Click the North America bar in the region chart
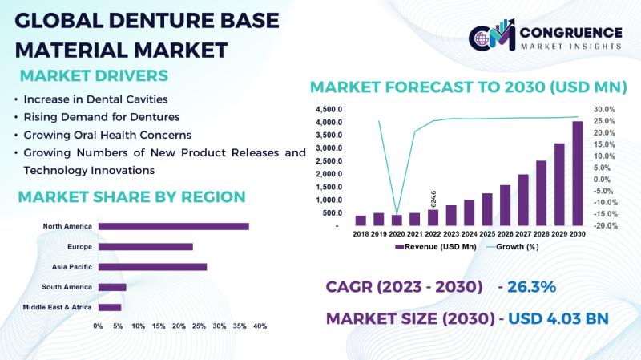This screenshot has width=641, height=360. tap(173, 226)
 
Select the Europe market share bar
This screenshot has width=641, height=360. tap(146, 247)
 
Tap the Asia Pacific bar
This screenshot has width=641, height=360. tap(152, 267)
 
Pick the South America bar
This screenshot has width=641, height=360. tap(112, 287)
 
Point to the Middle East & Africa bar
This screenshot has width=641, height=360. tap(110, 307)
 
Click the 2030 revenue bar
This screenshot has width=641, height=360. tap(578, 173)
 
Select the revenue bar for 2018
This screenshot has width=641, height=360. tap(361, 220)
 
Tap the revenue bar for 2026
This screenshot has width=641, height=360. tap(506, 205)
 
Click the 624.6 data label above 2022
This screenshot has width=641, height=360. tap(433, 199)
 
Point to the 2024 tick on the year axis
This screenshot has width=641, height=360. tap(470, 234)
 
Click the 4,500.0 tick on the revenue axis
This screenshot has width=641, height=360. tap(329, 109)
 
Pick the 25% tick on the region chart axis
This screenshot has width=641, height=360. tap(199, 326)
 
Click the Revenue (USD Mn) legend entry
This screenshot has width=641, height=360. tap(436, 247)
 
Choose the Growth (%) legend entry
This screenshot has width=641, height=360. tap(512, 247)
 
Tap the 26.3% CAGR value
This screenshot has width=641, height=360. tap(531, 287)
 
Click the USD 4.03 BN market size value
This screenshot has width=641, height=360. tap(558, 318)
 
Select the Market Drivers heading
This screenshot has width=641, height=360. tap(94, 75)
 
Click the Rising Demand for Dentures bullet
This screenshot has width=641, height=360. tap(102, 117)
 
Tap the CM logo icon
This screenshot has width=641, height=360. tap(492, 35)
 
